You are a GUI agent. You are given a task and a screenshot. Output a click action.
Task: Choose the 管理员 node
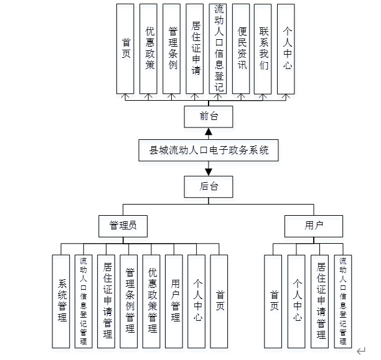tap(123, 226)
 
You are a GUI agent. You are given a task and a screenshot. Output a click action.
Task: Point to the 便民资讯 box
tap(242, 48)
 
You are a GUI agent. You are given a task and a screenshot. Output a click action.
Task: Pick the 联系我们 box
tap(264, 48)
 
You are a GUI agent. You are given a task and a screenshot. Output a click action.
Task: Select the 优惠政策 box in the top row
tap(149, 48)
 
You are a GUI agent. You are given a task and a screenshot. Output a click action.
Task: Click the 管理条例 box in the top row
tap(172, 48)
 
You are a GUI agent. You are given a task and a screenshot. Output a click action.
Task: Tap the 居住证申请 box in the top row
tap(195, 48)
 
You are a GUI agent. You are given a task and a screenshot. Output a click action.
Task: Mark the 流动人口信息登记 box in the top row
tap(219, 48)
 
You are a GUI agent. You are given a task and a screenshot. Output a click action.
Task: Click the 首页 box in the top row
tap(126, 48)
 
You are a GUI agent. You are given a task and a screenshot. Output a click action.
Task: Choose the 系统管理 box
tap(62, 302)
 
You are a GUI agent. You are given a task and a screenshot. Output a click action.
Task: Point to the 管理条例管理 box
tap(129, 302)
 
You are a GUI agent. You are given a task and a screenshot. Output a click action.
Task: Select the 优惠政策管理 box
tap(153, 302)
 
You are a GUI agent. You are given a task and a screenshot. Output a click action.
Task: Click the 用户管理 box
tap(175, 302)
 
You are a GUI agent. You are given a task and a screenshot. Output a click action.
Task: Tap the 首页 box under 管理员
tap(220, 302)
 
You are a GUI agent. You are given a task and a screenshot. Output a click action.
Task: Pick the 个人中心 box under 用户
tap(297, 302)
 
